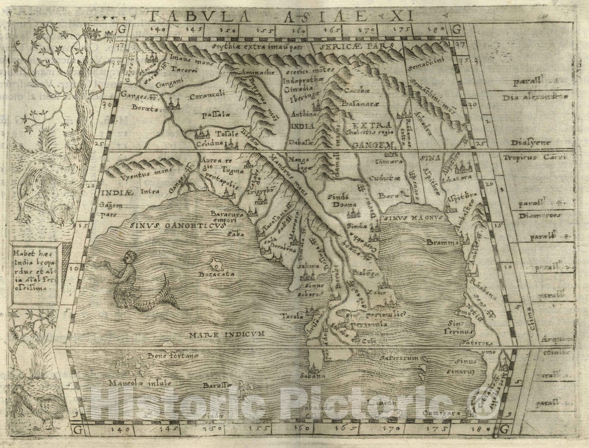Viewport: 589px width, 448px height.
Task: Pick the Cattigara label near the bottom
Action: coord(438,413)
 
